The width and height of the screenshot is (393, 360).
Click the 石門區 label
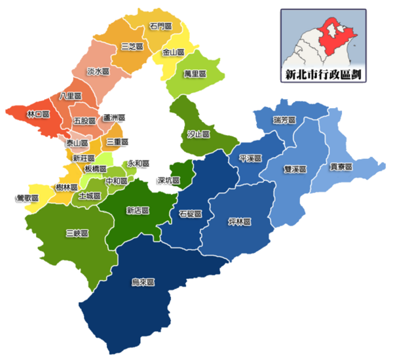point(160,26)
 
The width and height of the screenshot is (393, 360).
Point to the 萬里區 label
point(195,74)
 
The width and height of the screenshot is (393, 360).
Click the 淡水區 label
point(98,70)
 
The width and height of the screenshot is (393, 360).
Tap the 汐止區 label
point(198,134)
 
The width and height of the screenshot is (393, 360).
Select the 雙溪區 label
point(296,169)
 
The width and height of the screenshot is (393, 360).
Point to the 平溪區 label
point(251,159)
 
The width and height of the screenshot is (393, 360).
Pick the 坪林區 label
point(241,220)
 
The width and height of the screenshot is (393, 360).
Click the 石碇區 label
point(190,214)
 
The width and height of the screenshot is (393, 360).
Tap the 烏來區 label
point(143,283)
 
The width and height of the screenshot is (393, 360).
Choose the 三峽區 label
point(77,233)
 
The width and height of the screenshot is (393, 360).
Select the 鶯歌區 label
point(26,197)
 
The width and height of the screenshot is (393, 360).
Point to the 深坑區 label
point(168,180)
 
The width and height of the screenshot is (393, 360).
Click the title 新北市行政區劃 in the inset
point(323,73)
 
